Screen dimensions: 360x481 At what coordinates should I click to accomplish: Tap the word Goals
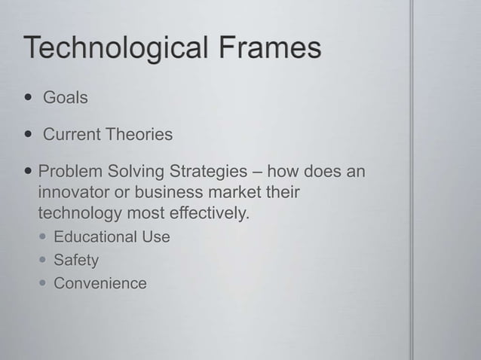coord(66,98)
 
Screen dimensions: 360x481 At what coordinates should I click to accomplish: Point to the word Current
coord(72,136)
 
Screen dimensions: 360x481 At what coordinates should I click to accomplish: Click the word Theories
coord(139,136)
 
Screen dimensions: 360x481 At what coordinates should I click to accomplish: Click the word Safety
coord(76,261)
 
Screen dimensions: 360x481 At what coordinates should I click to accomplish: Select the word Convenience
coord(100,284)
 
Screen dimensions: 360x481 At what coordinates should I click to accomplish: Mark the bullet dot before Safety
coord(44,261)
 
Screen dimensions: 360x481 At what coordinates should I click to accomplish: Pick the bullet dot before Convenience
coord(44,284)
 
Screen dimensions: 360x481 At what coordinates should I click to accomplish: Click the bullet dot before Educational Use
coord(44,237)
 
